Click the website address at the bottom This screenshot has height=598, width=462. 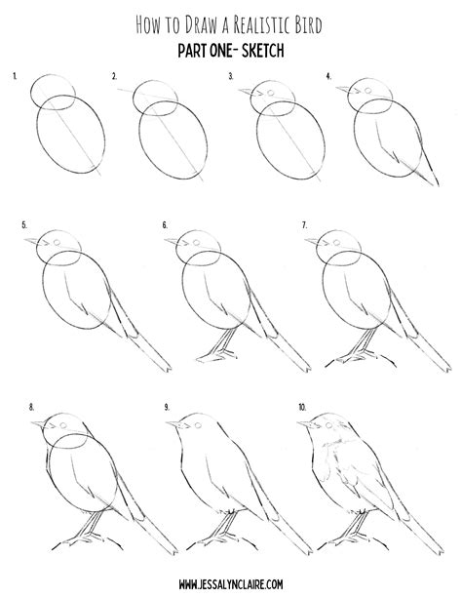(231, 582)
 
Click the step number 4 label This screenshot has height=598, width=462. (329, 75)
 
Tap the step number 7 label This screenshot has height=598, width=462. (305, 225)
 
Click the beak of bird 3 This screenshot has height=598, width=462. (243, 93)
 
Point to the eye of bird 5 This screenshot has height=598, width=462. (55, 240)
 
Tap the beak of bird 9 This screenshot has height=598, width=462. (171, 423)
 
